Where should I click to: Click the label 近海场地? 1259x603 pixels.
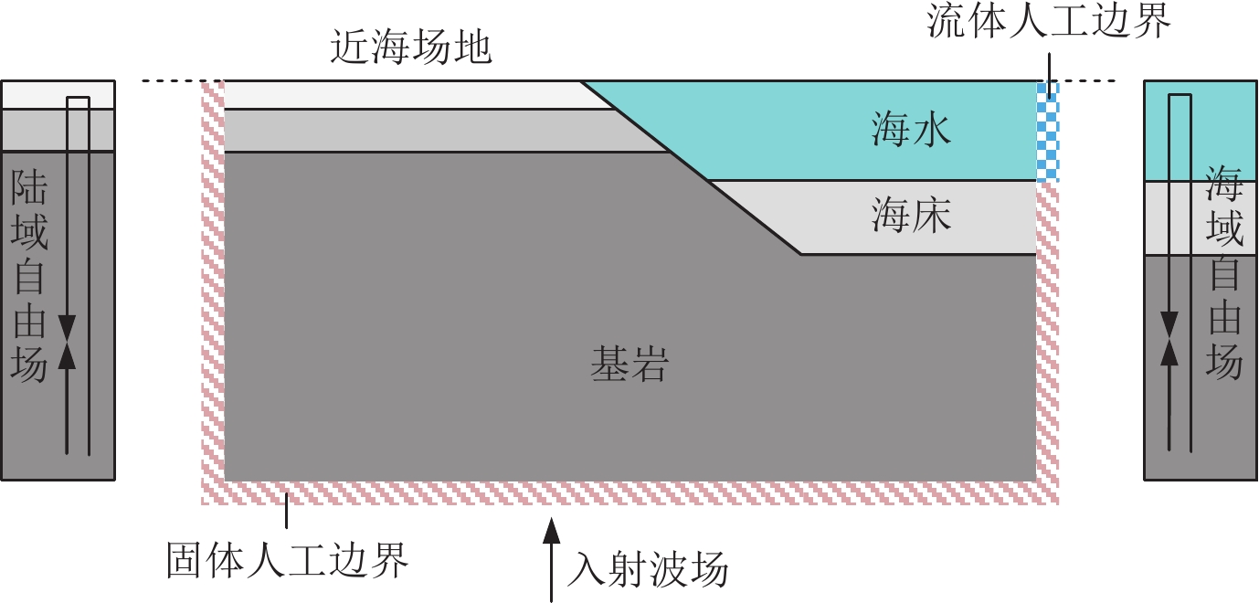411,48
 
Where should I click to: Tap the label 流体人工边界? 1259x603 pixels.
1049,22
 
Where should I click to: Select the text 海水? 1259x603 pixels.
911,131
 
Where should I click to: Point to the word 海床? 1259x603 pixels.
911,217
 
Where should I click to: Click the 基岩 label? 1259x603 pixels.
629,366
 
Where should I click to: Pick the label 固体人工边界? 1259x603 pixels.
287,560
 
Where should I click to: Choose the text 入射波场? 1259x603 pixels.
648,570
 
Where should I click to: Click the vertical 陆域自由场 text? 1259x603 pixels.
29,279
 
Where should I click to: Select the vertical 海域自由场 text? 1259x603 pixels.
1224,272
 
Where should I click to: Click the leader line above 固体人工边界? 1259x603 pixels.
287,511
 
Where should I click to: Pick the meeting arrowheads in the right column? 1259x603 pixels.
1169,340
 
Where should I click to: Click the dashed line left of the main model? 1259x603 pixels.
171,81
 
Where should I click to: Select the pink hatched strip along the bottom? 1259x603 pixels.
629,492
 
